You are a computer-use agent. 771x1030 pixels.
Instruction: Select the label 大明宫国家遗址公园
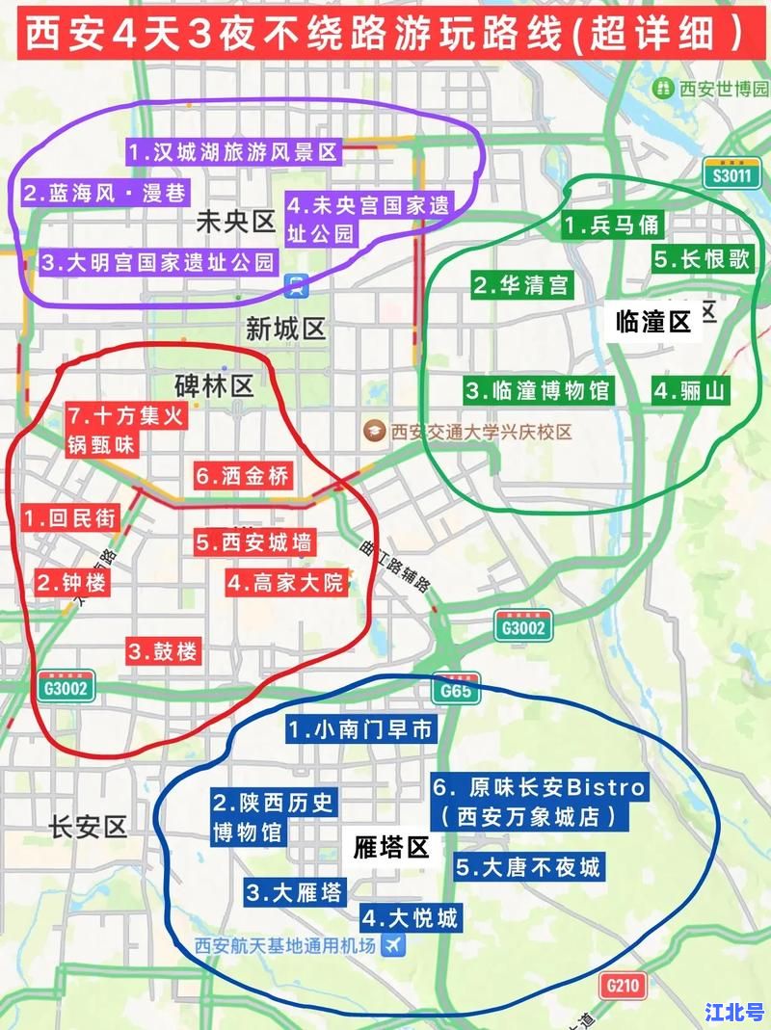(x=158, y=262)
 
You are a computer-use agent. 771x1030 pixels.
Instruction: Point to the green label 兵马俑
(x=612, y=225)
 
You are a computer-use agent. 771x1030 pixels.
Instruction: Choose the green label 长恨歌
(x=701, y=259)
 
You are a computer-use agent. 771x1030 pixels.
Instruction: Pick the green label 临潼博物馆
(x=536, y=390)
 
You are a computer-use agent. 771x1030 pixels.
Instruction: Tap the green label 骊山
(x=691, y=390)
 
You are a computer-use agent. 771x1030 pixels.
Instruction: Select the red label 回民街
(x=70, y=518)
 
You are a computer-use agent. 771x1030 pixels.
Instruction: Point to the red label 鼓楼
(x=163, y=651)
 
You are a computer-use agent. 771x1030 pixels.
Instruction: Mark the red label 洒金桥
(x=242, y=476)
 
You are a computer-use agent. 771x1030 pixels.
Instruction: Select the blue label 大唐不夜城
(x=528, y=867)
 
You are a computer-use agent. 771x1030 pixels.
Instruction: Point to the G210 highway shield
(x=622, y=986)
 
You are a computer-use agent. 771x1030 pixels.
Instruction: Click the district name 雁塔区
(x=390, y=848)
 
